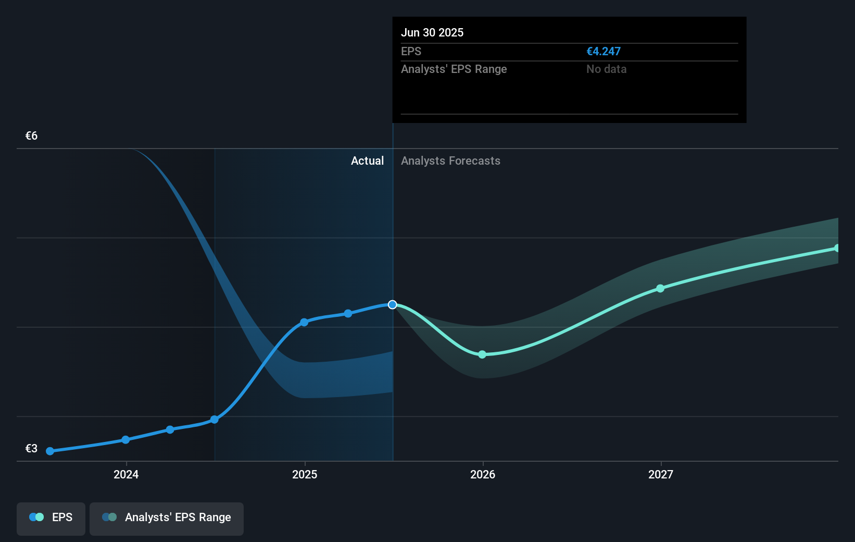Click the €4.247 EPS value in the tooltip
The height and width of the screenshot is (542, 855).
point(603,52)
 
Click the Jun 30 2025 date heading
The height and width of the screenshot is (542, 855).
point(432,32)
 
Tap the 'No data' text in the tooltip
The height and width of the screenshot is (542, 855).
point(606,69)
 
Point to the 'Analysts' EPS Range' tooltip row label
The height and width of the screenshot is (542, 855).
point(454,69)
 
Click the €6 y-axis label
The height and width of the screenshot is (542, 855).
point(31,136)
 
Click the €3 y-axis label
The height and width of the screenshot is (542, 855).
point(31,449)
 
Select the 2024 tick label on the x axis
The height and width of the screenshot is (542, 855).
point(126,474)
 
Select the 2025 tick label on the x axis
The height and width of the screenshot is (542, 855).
point(305,474)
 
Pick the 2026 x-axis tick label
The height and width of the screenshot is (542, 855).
point(483,474)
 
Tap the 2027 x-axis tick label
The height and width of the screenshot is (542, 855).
point(661,474)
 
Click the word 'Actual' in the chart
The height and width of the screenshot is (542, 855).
point(367,161)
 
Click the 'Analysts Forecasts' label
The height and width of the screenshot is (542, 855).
point(450,161)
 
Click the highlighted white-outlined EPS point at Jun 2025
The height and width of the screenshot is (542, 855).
point(393,304)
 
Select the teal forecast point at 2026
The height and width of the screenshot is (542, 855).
point(482,354)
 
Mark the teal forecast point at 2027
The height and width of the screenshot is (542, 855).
point(660,288)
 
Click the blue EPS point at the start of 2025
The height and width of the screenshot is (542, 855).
point(304,322)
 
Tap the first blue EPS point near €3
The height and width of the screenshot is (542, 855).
point(50,451)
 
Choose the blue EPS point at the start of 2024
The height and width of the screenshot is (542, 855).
point(125,440)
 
